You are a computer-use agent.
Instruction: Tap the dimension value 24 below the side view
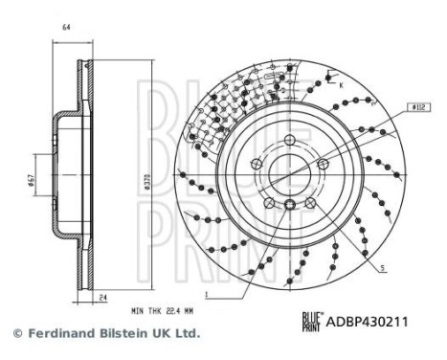coord(101,297)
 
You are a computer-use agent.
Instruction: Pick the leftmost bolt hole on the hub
coord(256,165)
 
